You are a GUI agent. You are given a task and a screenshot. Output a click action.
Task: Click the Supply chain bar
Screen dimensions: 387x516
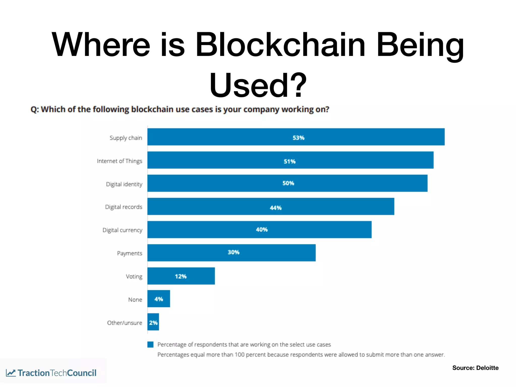[296, 137]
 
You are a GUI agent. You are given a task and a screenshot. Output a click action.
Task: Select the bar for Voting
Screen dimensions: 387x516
[181, 276]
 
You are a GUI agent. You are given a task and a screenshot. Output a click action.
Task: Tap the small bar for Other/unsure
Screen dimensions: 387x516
[153, 322]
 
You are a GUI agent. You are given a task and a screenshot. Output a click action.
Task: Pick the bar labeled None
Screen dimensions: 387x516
[158, 299]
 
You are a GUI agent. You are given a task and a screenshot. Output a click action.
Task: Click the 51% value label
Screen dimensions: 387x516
[289, 161]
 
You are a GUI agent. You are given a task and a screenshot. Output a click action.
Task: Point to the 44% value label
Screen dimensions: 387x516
[275, 208]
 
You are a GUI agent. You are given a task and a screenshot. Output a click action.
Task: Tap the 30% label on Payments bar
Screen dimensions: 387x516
[233, 252]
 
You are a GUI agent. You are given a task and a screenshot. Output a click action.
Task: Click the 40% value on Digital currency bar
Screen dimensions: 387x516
[262, 230]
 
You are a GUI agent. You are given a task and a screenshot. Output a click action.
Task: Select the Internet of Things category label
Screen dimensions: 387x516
[119, 161]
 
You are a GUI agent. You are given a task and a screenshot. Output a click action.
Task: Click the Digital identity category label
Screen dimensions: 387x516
[124, 184]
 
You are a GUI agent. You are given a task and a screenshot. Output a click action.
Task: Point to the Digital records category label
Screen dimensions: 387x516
[123, 207]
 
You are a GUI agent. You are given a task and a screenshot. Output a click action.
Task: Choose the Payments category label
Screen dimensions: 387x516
[130, 253]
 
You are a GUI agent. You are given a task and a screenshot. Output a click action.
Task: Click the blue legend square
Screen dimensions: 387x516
[150, 344]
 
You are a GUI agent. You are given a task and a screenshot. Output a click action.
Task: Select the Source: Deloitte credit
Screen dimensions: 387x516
[475, 368]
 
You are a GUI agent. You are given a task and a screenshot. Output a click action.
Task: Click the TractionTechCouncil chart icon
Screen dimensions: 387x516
[11, 373]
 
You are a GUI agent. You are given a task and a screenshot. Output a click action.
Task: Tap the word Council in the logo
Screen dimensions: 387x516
[82, 373]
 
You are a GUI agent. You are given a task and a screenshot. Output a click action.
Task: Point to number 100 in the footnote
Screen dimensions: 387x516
[239, 355]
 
